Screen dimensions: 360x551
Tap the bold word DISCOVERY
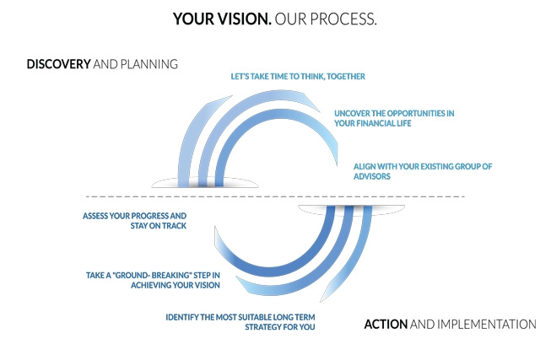pyautogui.click(x=58, y=64)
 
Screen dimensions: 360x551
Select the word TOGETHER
pyautogui.click(x=346, y=77)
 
